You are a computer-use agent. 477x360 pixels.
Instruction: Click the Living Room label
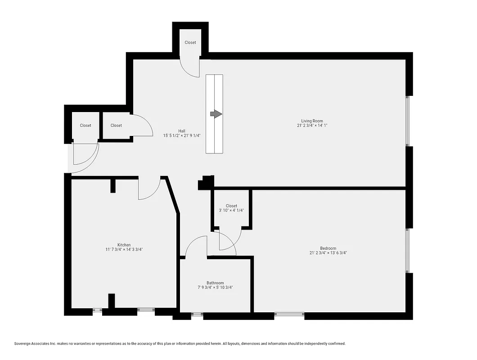[x=312, y=121]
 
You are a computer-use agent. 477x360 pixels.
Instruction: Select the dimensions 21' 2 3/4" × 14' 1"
[x=312, y=126]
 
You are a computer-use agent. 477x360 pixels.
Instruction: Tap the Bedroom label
[x=328, y=248]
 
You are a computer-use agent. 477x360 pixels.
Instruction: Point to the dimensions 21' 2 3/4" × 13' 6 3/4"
[x=328, y=253]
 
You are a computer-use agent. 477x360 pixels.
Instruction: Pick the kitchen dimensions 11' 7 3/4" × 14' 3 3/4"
[x=124, y=249]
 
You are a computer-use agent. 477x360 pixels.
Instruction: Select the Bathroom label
[x=215, y=283]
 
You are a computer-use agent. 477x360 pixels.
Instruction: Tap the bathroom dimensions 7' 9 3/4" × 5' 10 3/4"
[x=215, y=288]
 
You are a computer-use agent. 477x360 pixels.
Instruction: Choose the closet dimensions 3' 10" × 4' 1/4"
[x=231, y=210]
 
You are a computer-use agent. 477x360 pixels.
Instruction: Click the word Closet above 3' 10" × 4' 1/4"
[x=231, y=206]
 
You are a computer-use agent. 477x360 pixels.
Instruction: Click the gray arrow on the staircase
[x=216, y=114]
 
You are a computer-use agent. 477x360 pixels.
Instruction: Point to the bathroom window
[x=197, y=315]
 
